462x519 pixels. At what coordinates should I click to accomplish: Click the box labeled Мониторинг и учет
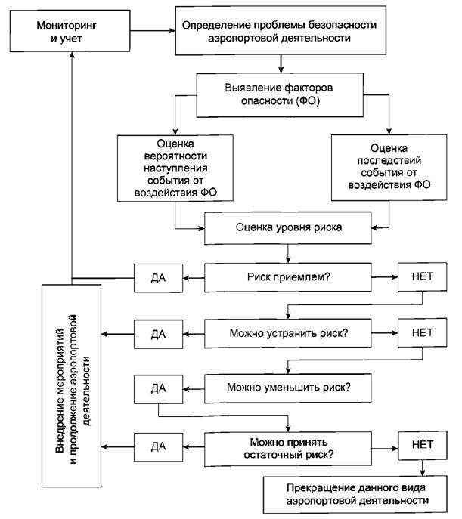point(70,31)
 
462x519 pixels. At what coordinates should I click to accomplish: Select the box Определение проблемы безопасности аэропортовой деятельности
point(281,30)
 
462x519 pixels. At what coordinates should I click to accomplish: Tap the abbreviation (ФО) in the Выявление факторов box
point(308,100)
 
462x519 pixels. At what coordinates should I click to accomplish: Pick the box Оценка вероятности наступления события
point(175,168)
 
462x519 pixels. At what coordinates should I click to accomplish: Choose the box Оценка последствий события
point(389,167)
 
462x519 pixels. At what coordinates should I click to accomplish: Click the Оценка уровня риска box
point(288,227)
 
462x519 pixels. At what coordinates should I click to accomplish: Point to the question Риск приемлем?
point(288,277)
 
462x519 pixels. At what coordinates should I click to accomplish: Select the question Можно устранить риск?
point(288,333)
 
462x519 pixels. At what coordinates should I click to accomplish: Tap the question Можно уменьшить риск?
point(288,388)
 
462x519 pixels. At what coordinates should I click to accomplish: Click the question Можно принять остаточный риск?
point(288,449)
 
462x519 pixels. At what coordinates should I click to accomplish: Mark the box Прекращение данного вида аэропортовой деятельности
point(355,495)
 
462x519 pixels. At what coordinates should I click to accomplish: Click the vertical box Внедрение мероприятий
point(72,385)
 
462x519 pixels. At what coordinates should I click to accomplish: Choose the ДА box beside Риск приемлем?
point(158,278)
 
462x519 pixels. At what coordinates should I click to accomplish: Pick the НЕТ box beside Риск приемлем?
point(422,276)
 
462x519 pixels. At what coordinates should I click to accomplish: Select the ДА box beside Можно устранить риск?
point(158,334)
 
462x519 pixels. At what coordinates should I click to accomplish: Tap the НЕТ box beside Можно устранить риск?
point(422,332)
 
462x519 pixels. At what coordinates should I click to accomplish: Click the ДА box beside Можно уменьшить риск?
point(158,389)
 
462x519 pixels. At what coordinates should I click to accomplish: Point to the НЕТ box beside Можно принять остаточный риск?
point(422,445)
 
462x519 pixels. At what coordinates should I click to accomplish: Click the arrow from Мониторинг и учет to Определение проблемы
point(153,31)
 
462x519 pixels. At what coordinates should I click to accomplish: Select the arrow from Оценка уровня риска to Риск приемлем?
point(288,254)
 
